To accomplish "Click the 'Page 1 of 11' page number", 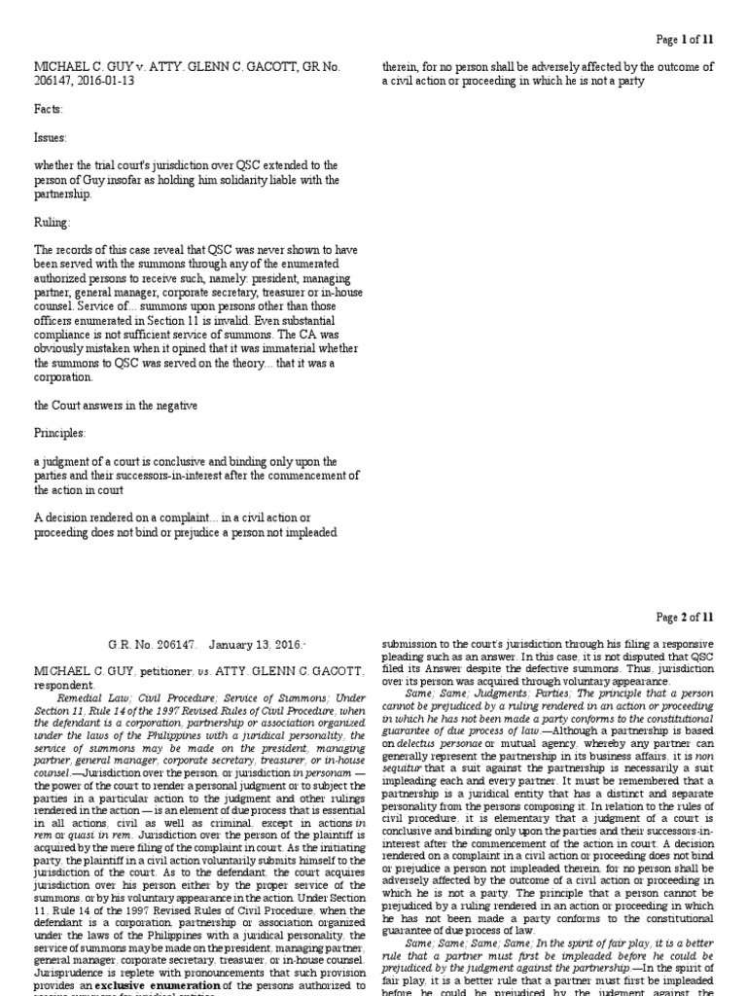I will click(x=685, y=39).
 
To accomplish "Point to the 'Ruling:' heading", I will click(x=53, y=223).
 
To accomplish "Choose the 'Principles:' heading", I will click(x=60, y=432).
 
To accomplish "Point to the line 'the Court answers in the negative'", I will click(x=117, y=404).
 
